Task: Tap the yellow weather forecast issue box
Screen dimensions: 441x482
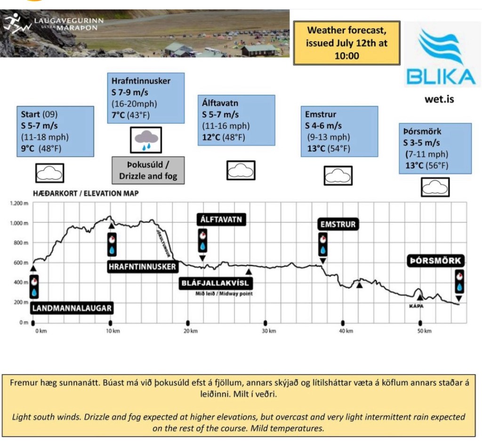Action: coord(346,43)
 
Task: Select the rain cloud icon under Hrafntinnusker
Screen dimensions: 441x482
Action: coord(145,139)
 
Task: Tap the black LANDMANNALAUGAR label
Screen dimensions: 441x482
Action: coord(72,308)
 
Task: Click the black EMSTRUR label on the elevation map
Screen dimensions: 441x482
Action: coord(337,225)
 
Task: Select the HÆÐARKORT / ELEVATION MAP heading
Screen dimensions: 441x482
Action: coord(86,193)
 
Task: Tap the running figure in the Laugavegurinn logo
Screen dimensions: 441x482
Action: coord(14,22)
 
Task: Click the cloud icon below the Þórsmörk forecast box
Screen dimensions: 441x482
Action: coord(434,188)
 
